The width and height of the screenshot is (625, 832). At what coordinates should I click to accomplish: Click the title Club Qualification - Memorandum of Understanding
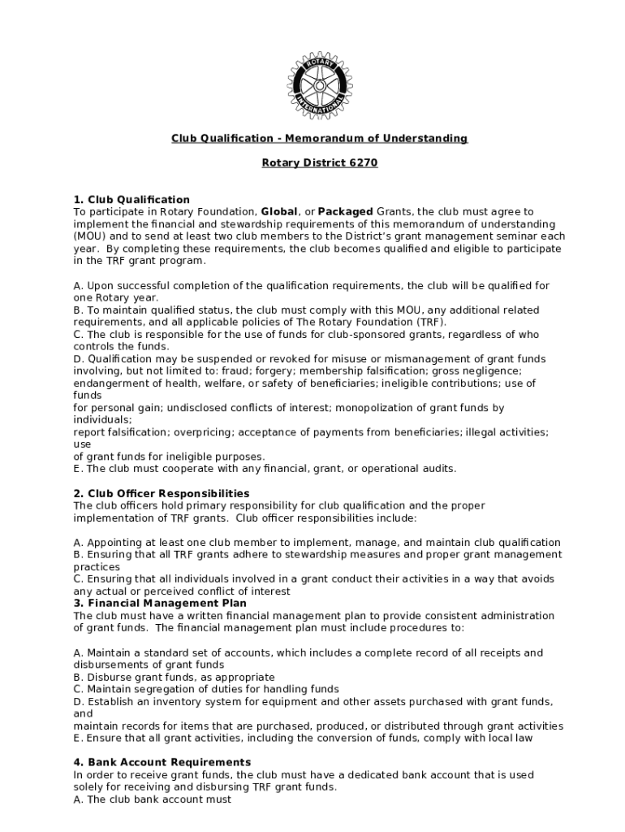pyautogui.click(x=319, y=138)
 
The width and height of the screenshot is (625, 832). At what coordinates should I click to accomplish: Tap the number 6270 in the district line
pyautogui.click(x=364, y=162)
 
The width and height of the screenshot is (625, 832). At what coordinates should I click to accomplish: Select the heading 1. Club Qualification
pyautogui.click(x=131, y=199)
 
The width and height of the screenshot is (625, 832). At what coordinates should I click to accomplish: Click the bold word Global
pyautogui.click(x=278, y=211)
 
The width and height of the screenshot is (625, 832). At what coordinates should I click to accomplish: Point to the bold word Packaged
pyautogui.click(x=346, y=211)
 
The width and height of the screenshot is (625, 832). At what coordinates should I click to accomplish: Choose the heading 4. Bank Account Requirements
pyautogui.click(x=162, y=762)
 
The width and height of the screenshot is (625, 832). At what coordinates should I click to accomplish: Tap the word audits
pyautogui.click(x=438, y=468)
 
